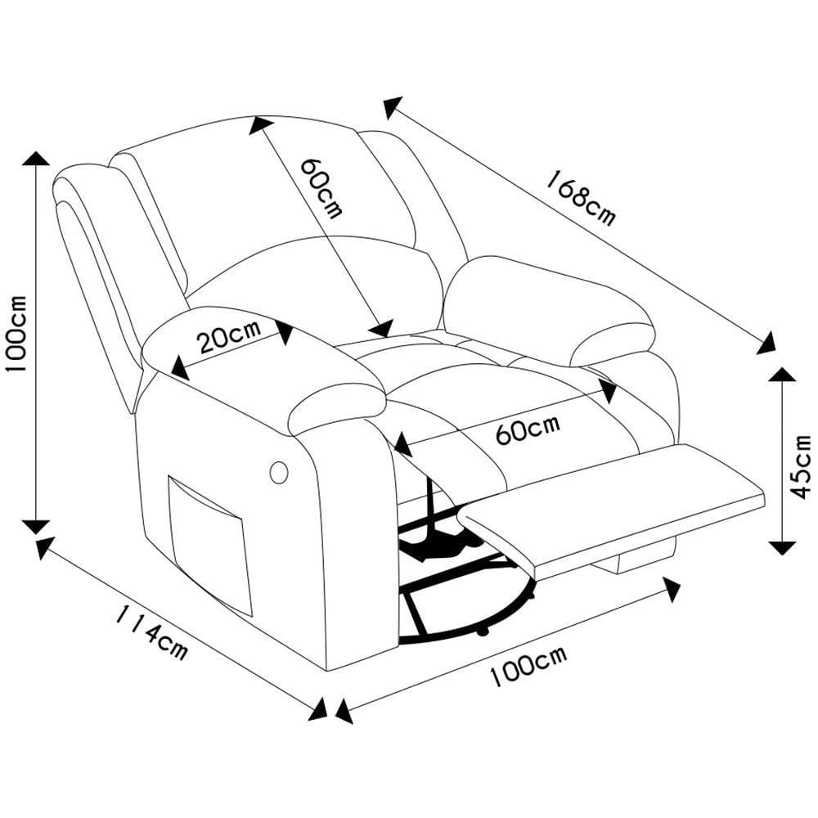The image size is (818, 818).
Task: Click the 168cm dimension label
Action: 581,198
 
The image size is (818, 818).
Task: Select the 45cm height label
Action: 799,466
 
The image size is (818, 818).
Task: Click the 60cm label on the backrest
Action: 321,187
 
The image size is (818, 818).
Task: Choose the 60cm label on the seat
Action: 528,430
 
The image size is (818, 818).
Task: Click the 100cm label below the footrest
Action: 528,667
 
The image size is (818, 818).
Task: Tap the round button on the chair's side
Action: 278,473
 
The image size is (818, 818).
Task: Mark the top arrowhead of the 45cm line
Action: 782,375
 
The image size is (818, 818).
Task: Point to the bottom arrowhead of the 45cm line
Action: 782,546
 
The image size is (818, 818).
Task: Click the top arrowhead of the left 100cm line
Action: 36,159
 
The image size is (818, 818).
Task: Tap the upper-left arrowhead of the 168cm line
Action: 393,107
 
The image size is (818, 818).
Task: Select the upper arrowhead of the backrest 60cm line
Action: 260,124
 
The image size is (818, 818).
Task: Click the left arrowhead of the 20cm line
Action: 178,368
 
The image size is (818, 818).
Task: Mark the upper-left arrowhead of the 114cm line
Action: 45,548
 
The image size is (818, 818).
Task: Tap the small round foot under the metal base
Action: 482,633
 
